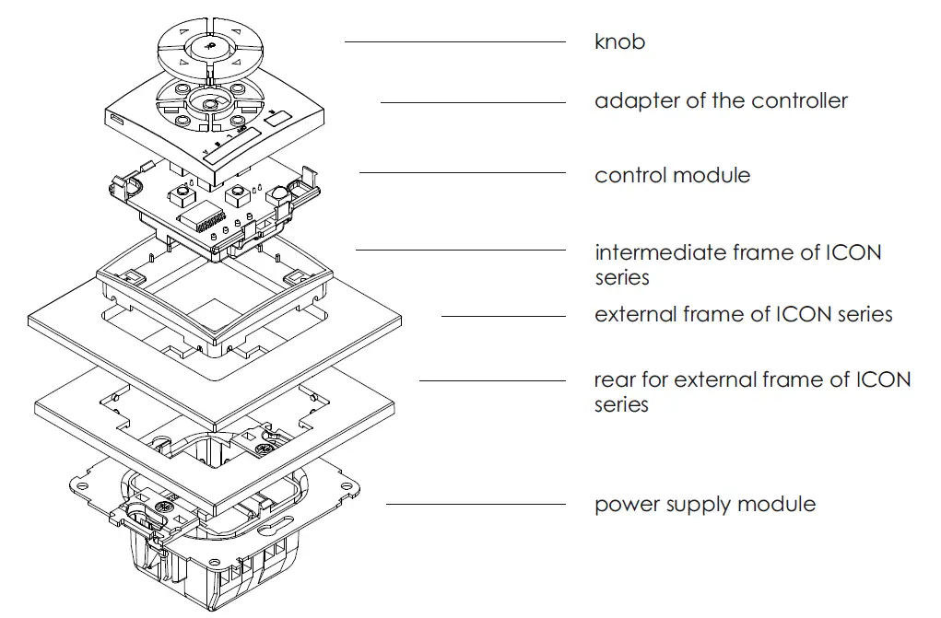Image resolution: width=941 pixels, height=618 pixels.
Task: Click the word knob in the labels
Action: [x=619, y=42]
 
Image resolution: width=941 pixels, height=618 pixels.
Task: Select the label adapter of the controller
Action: [x=721, y=101]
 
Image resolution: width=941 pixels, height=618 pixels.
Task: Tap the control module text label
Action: [x=672, y=175]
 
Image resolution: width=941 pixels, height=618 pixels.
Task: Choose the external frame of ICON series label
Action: [x=743, y=315]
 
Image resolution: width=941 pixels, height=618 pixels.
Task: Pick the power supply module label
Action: [x=704, y=505]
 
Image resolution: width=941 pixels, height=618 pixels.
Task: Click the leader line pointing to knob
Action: [x=454, y=41]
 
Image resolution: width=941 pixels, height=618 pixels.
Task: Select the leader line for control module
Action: [x=462, y=172]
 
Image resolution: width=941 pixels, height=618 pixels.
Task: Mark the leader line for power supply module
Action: [x=476, y=504]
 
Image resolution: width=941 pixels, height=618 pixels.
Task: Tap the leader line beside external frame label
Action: [x=502, y=316]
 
